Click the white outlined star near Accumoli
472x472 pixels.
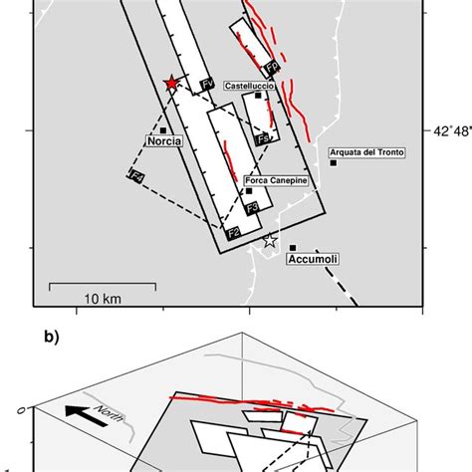(x=268, y=241)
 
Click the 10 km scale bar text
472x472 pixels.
(x=102, y=299)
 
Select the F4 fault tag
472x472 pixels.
(x=136, y=176)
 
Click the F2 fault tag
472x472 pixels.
(x=233, y=233)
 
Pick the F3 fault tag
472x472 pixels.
(x=253, y=207)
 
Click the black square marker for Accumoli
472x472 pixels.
(x=293, y=248)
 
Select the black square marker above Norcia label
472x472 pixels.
(x=162, y=129)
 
